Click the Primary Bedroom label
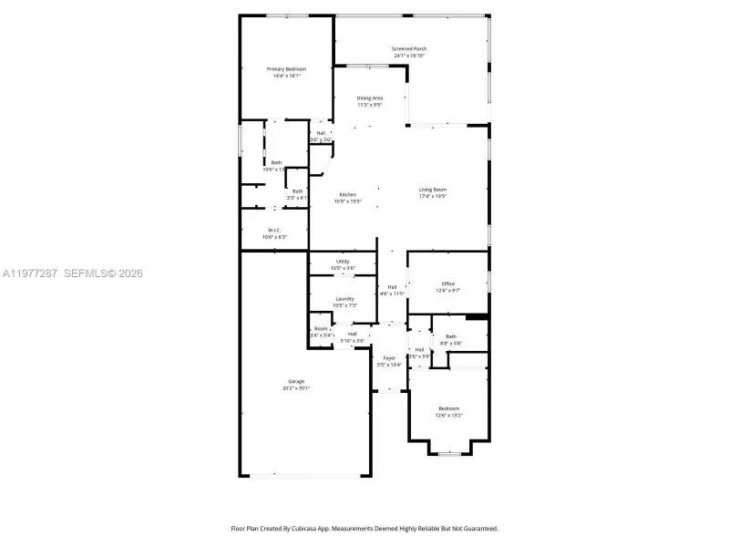click(286, 69)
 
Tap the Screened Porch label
click(409, 49)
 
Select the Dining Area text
click(369, 98)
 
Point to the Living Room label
click(433, 190)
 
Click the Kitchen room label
click(348, 195)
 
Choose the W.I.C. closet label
click(273, 230)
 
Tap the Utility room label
click(343, 262)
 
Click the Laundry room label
click(344, 299)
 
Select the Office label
click(448, 284)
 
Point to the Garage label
click(296, 381)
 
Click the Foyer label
click(389, 358)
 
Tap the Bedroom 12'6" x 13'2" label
click(448, 408)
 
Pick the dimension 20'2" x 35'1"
click(297, 388)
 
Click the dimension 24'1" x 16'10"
click(409, 57)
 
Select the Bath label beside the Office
click(451, 336)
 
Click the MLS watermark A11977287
click(30, 273)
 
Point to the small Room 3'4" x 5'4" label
click(321, 329)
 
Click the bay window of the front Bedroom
click(451, 452)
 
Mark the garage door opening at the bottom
click(306, 475)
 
